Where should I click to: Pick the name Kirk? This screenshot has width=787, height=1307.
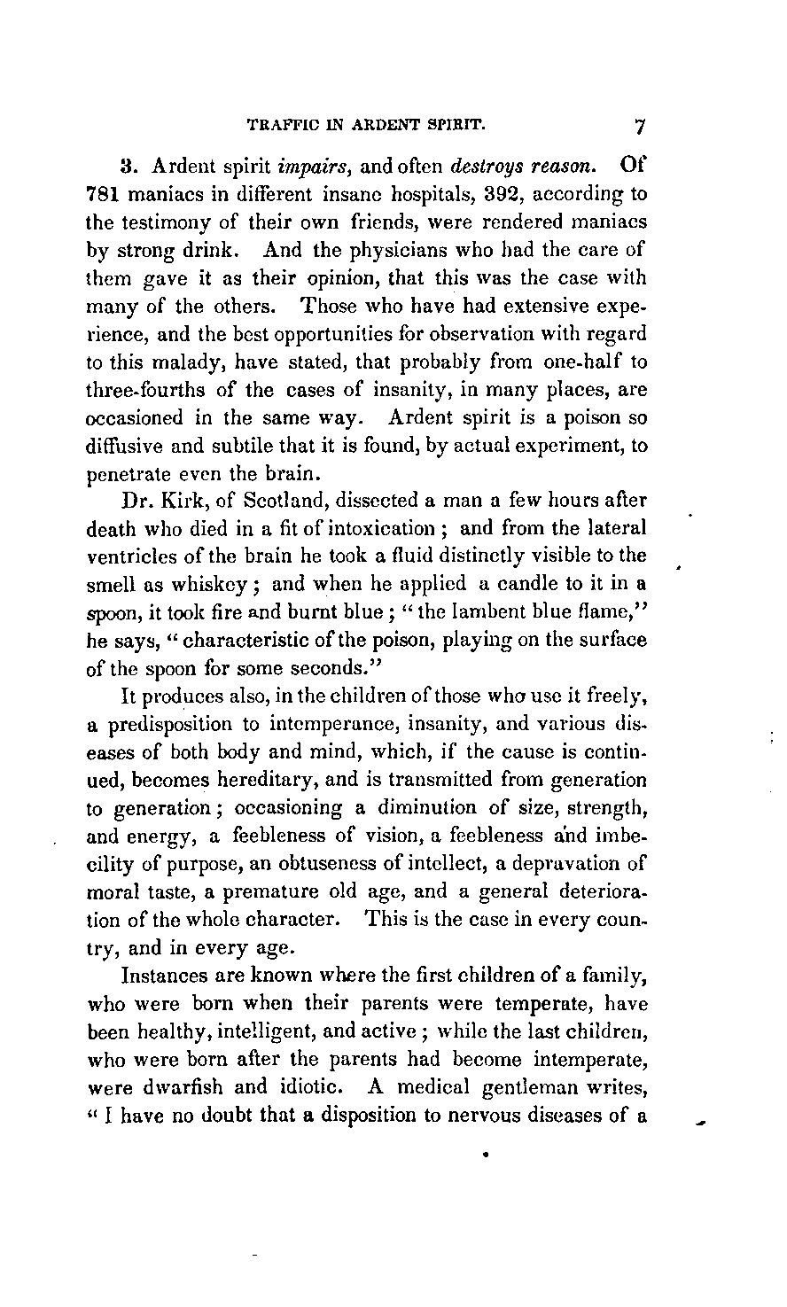[182, 502]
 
